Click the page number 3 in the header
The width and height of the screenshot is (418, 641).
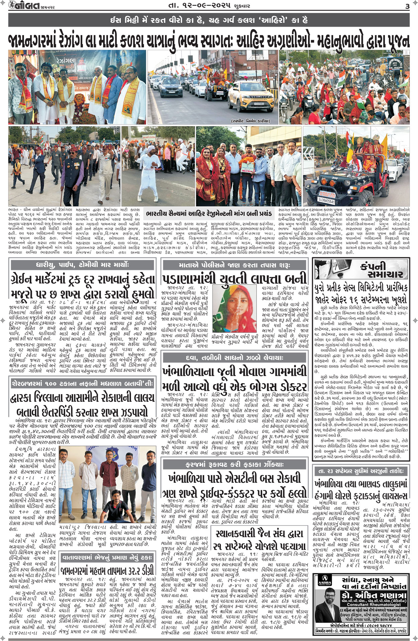point(407,6)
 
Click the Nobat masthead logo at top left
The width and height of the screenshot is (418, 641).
point(21,6)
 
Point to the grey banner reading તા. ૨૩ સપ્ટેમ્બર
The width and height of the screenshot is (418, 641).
point(361,471)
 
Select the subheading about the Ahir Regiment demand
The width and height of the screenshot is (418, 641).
point(209,214)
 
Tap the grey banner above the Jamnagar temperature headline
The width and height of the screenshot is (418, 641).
point(107,558)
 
